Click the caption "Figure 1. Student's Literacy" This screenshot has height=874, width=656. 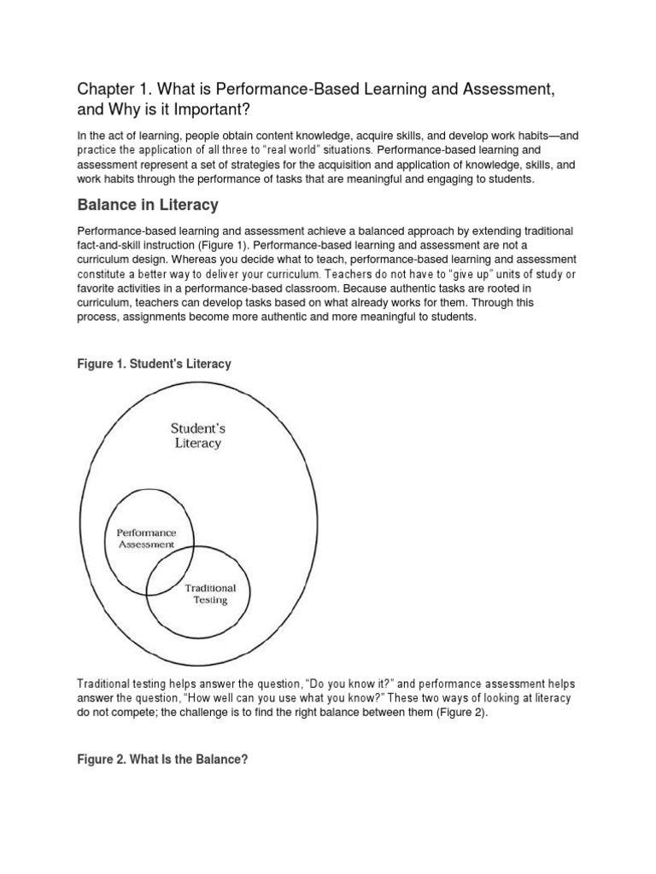coord(154,364)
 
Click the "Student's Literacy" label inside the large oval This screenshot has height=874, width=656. coord(197,434)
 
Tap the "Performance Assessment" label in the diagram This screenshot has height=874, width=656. coord(146,539)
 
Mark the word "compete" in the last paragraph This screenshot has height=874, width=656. coord(128,713)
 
